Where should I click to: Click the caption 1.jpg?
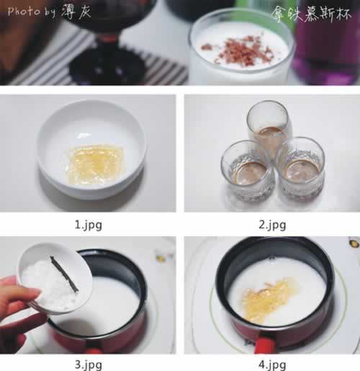(89, 225)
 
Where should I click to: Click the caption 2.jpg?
(272, 225)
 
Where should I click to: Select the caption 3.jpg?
(89, 365)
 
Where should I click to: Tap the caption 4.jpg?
(272, 365)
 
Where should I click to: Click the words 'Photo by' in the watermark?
(32, 12)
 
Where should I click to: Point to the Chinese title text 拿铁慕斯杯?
(311, 14)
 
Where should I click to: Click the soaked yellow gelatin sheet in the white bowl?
(96, 165)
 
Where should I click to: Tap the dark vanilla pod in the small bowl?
(64, 274)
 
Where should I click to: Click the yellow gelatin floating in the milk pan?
(265, 299)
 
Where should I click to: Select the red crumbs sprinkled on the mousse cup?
(239, 50)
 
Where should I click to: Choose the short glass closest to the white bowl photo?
(248, 172)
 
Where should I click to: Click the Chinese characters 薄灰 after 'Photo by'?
(76, 11)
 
